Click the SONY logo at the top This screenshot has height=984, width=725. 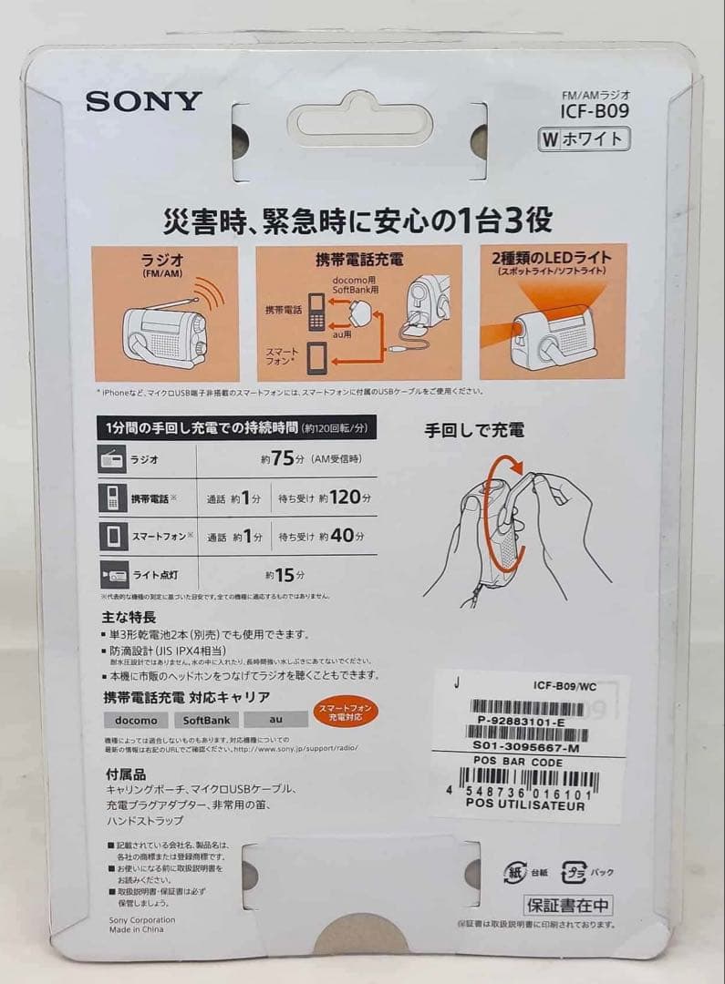(143, 100)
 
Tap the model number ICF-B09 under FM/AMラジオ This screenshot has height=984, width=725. (595, 112)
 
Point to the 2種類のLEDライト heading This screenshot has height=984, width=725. (553, 258)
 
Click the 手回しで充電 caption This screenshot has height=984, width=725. (474, 430)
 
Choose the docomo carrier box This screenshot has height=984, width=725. (137, 720)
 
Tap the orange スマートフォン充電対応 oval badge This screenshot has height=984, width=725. (344, 713)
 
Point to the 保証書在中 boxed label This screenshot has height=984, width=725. (568, 906)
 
